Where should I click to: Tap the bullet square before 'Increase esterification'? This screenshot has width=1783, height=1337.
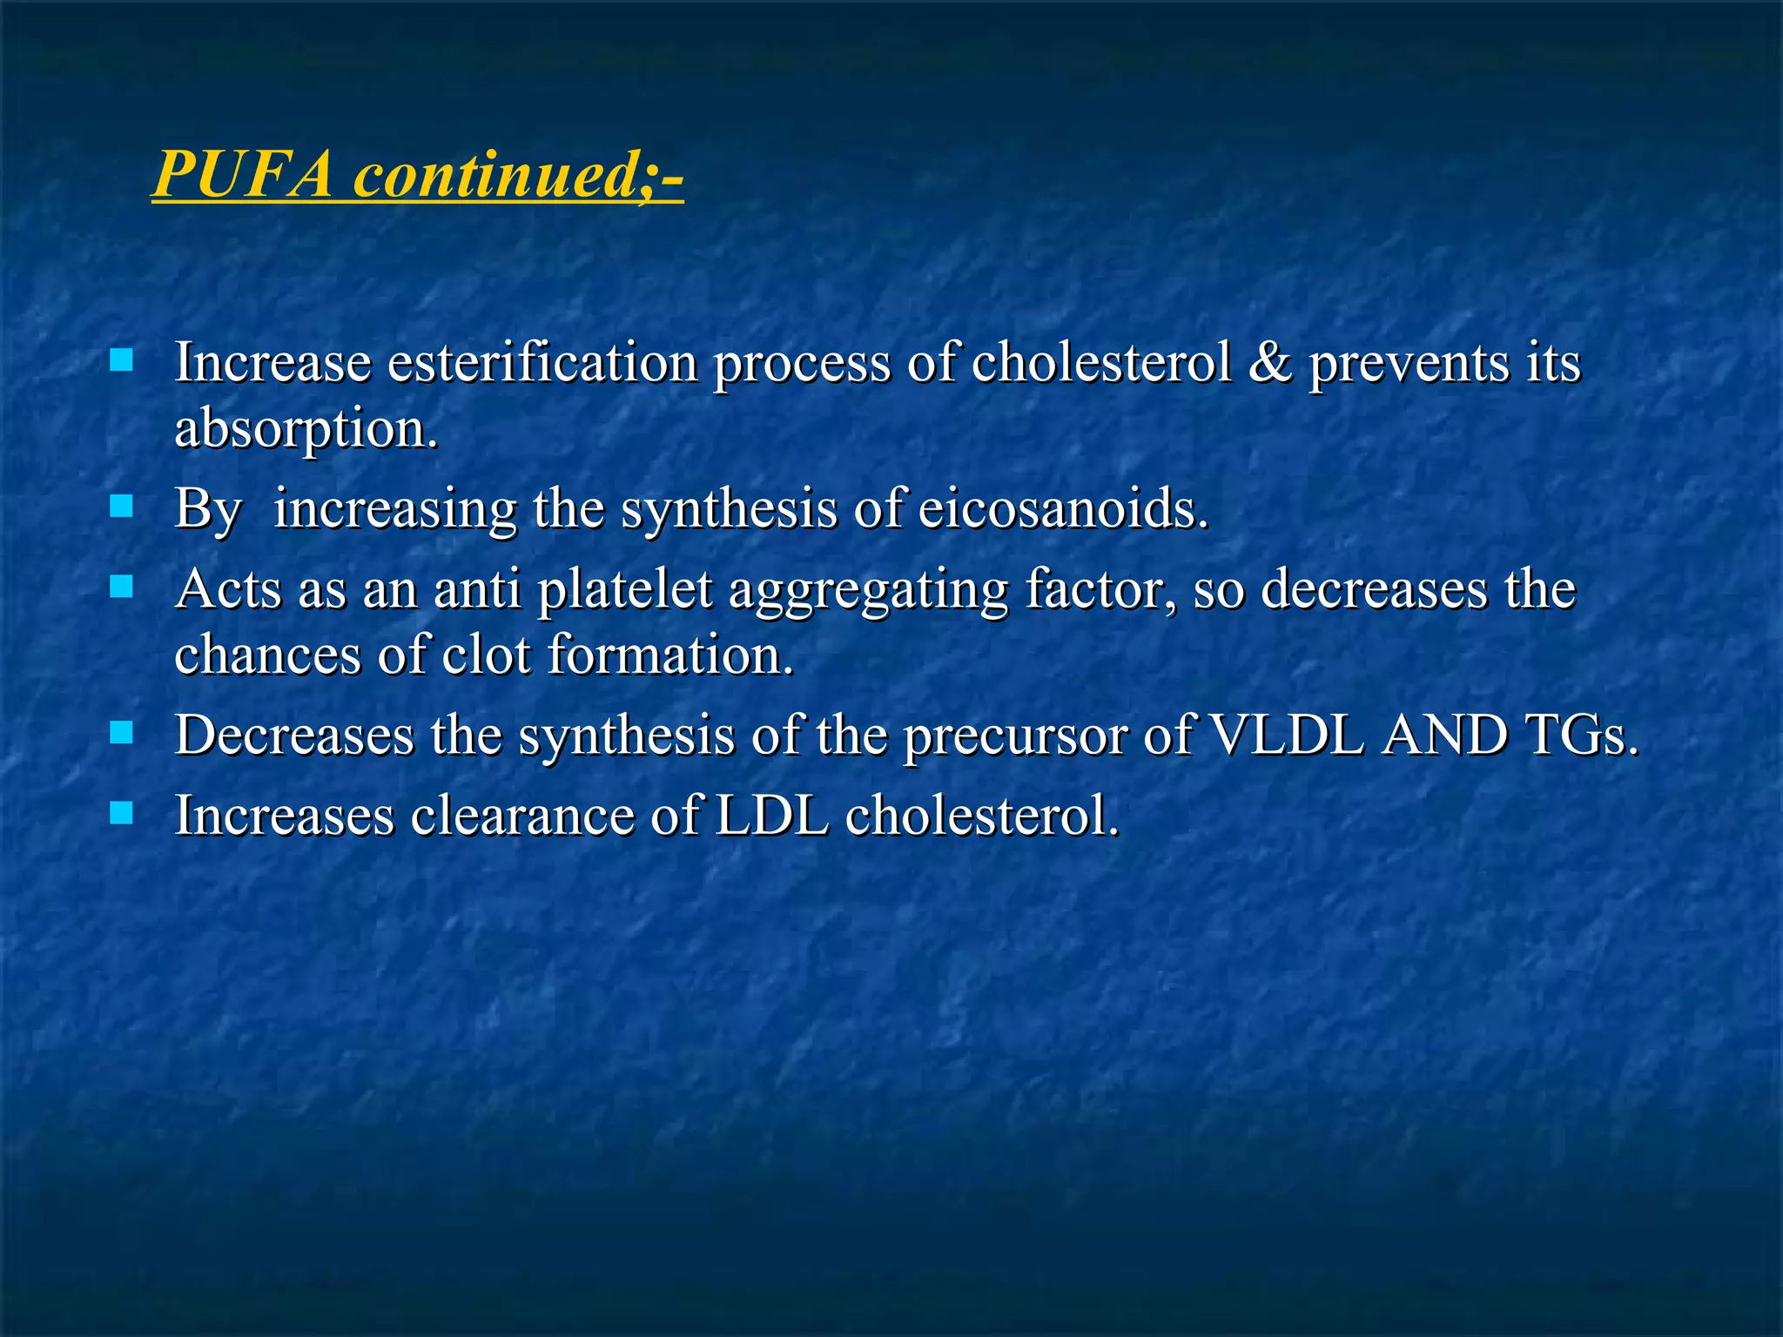(121, 360)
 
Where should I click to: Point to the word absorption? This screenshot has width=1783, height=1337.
(305, 430)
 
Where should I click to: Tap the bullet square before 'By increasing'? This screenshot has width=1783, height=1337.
(121, 507)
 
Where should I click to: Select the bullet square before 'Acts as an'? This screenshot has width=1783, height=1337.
(121, 588)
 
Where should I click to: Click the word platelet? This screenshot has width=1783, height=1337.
(624, 590)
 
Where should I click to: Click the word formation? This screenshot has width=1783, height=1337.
(670, 655)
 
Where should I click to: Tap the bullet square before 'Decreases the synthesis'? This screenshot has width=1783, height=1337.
(121, 733)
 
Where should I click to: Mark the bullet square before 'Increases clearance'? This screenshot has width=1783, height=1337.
(121, 814)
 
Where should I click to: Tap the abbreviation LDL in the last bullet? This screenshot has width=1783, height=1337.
(771, 816)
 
